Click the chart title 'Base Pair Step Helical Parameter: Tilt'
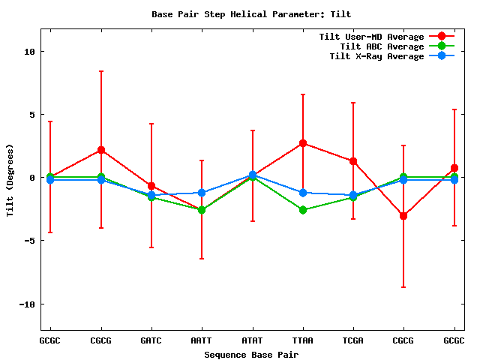251,14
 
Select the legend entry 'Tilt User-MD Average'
371,37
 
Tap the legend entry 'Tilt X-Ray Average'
376,56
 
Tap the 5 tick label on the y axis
31,115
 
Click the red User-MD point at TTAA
303,143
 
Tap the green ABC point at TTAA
303,210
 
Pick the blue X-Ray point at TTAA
303,193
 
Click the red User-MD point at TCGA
353,161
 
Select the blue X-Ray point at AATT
202,193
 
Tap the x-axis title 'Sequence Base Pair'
252,354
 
